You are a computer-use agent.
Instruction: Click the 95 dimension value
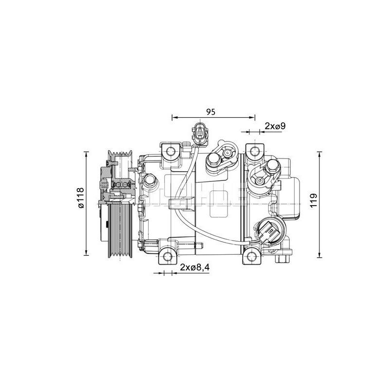[x=210, y=111]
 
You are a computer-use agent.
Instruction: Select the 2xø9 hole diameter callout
[x=275, y=126]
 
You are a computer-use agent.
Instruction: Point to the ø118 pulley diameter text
[x=80, y=198]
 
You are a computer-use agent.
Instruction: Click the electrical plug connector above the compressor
[x=200, y=132]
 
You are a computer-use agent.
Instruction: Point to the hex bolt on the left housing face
[x=149, y=182]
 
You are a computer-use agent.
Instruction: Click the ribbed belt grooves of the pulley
[x=120, y=229]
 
